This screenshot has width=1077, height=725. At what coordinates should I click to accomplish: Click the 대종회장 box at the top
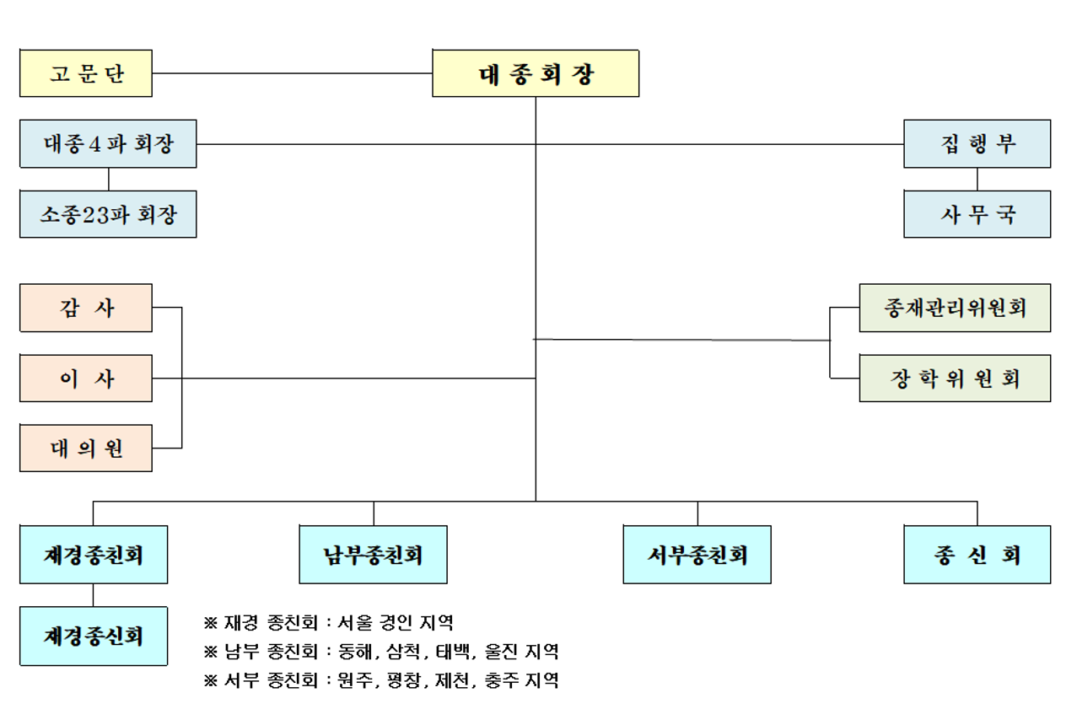click(536, 73)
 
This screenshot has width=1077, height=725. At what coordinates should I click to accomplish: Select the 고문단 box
click(86, 73)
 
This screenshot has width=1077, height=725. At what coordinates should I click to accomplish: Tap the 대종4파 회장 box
click(108, 143)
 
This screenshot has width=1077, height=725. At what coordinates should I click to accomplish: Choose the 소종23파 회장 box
click(108, 214)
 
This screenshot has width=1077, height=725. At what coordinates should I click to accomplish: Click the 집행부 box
click(977, 143)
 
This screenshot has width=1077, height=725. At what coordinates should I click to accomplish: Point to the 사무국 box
click(977, 214)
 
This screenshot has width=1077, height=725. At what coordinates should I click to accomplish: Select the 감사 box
click(86, 308)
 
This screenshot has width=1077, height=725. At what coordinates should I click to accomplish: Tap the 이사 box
click(86, 379)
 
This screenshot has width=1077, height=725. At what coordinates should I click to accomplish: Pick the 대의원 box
click(86, 448)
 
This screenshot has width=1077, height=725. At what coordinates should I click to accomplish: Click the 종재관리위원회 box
click(955, 308)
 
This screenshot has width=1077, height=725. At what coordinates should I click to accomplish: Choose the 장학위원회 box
click(955, 379)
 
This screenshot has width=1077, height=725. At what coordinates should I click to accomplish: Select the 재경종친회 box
click(94, 555)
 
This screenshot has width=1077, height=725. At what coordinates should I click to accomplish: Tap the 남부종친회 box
click(373, 555)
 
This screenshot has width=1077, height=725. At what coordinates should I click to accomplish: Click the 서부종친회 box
click(697, 555)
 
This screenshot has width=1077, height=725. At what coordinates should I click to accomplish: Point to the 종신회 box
click(977, 555)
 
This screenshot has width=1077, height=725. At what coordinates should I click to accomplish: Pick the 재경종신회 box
click(94, 636)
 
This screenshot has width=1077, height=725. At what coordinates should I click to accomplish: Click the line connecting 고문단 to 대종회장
click(292, 73)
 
